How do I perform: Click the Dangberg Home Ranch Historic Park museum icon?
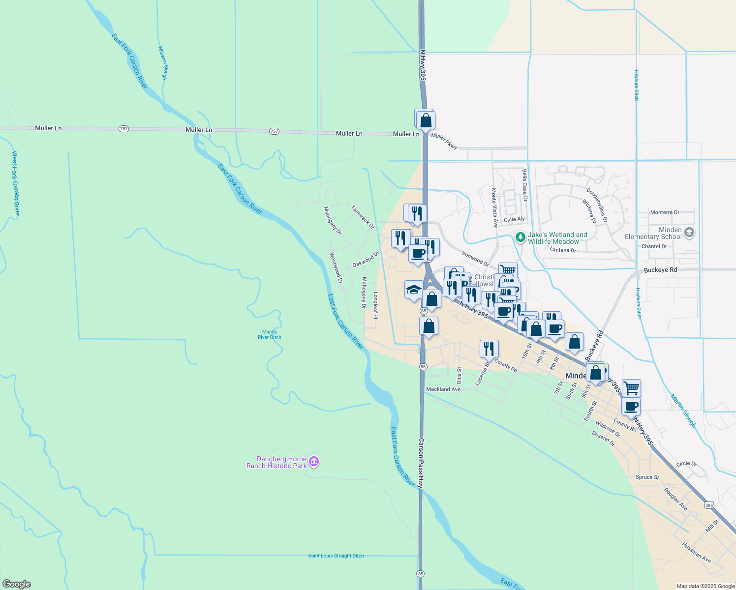[x=314, y=462]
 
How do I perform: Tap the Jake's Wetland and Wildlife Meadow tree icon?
[x=520, y=237]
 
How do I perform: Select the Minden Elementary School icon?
[x=689, y=233]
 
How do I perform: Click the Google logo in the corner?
[x=17, y=584]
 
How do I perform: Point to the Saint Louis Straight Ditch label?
[x=336, y=556]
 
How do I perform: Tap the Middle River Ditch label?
[x=270, y=335]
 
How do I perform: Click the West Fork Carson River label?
[x=16, y=183]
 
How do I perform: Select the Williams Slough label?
[x=163, y=63]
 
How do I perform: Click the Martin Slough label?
[x=683, y=411]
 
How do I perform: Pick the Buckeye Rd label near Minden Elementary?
[x=660, y=270]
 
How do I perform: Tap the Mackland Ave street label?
[x=443, y=389]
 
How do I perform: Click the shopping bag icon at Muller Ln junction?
[x=426, y=120]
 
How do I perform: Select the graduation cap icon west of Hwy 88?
[x=414, y=290]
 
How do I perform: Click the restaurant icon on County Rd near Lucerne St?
[x=489, y=349]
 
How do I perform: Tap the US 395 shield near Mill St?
[x=708, y=505]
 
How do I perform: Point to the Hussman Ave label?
[x=697, y=552]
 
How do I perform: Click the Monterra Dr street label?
[x=665, y=212]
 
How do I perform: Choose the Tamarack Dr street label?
[x=363, y=217]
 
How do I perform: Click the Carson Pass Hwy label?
[x=421, y=463]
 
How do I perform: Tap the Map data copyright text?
[x=705, y=586]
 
